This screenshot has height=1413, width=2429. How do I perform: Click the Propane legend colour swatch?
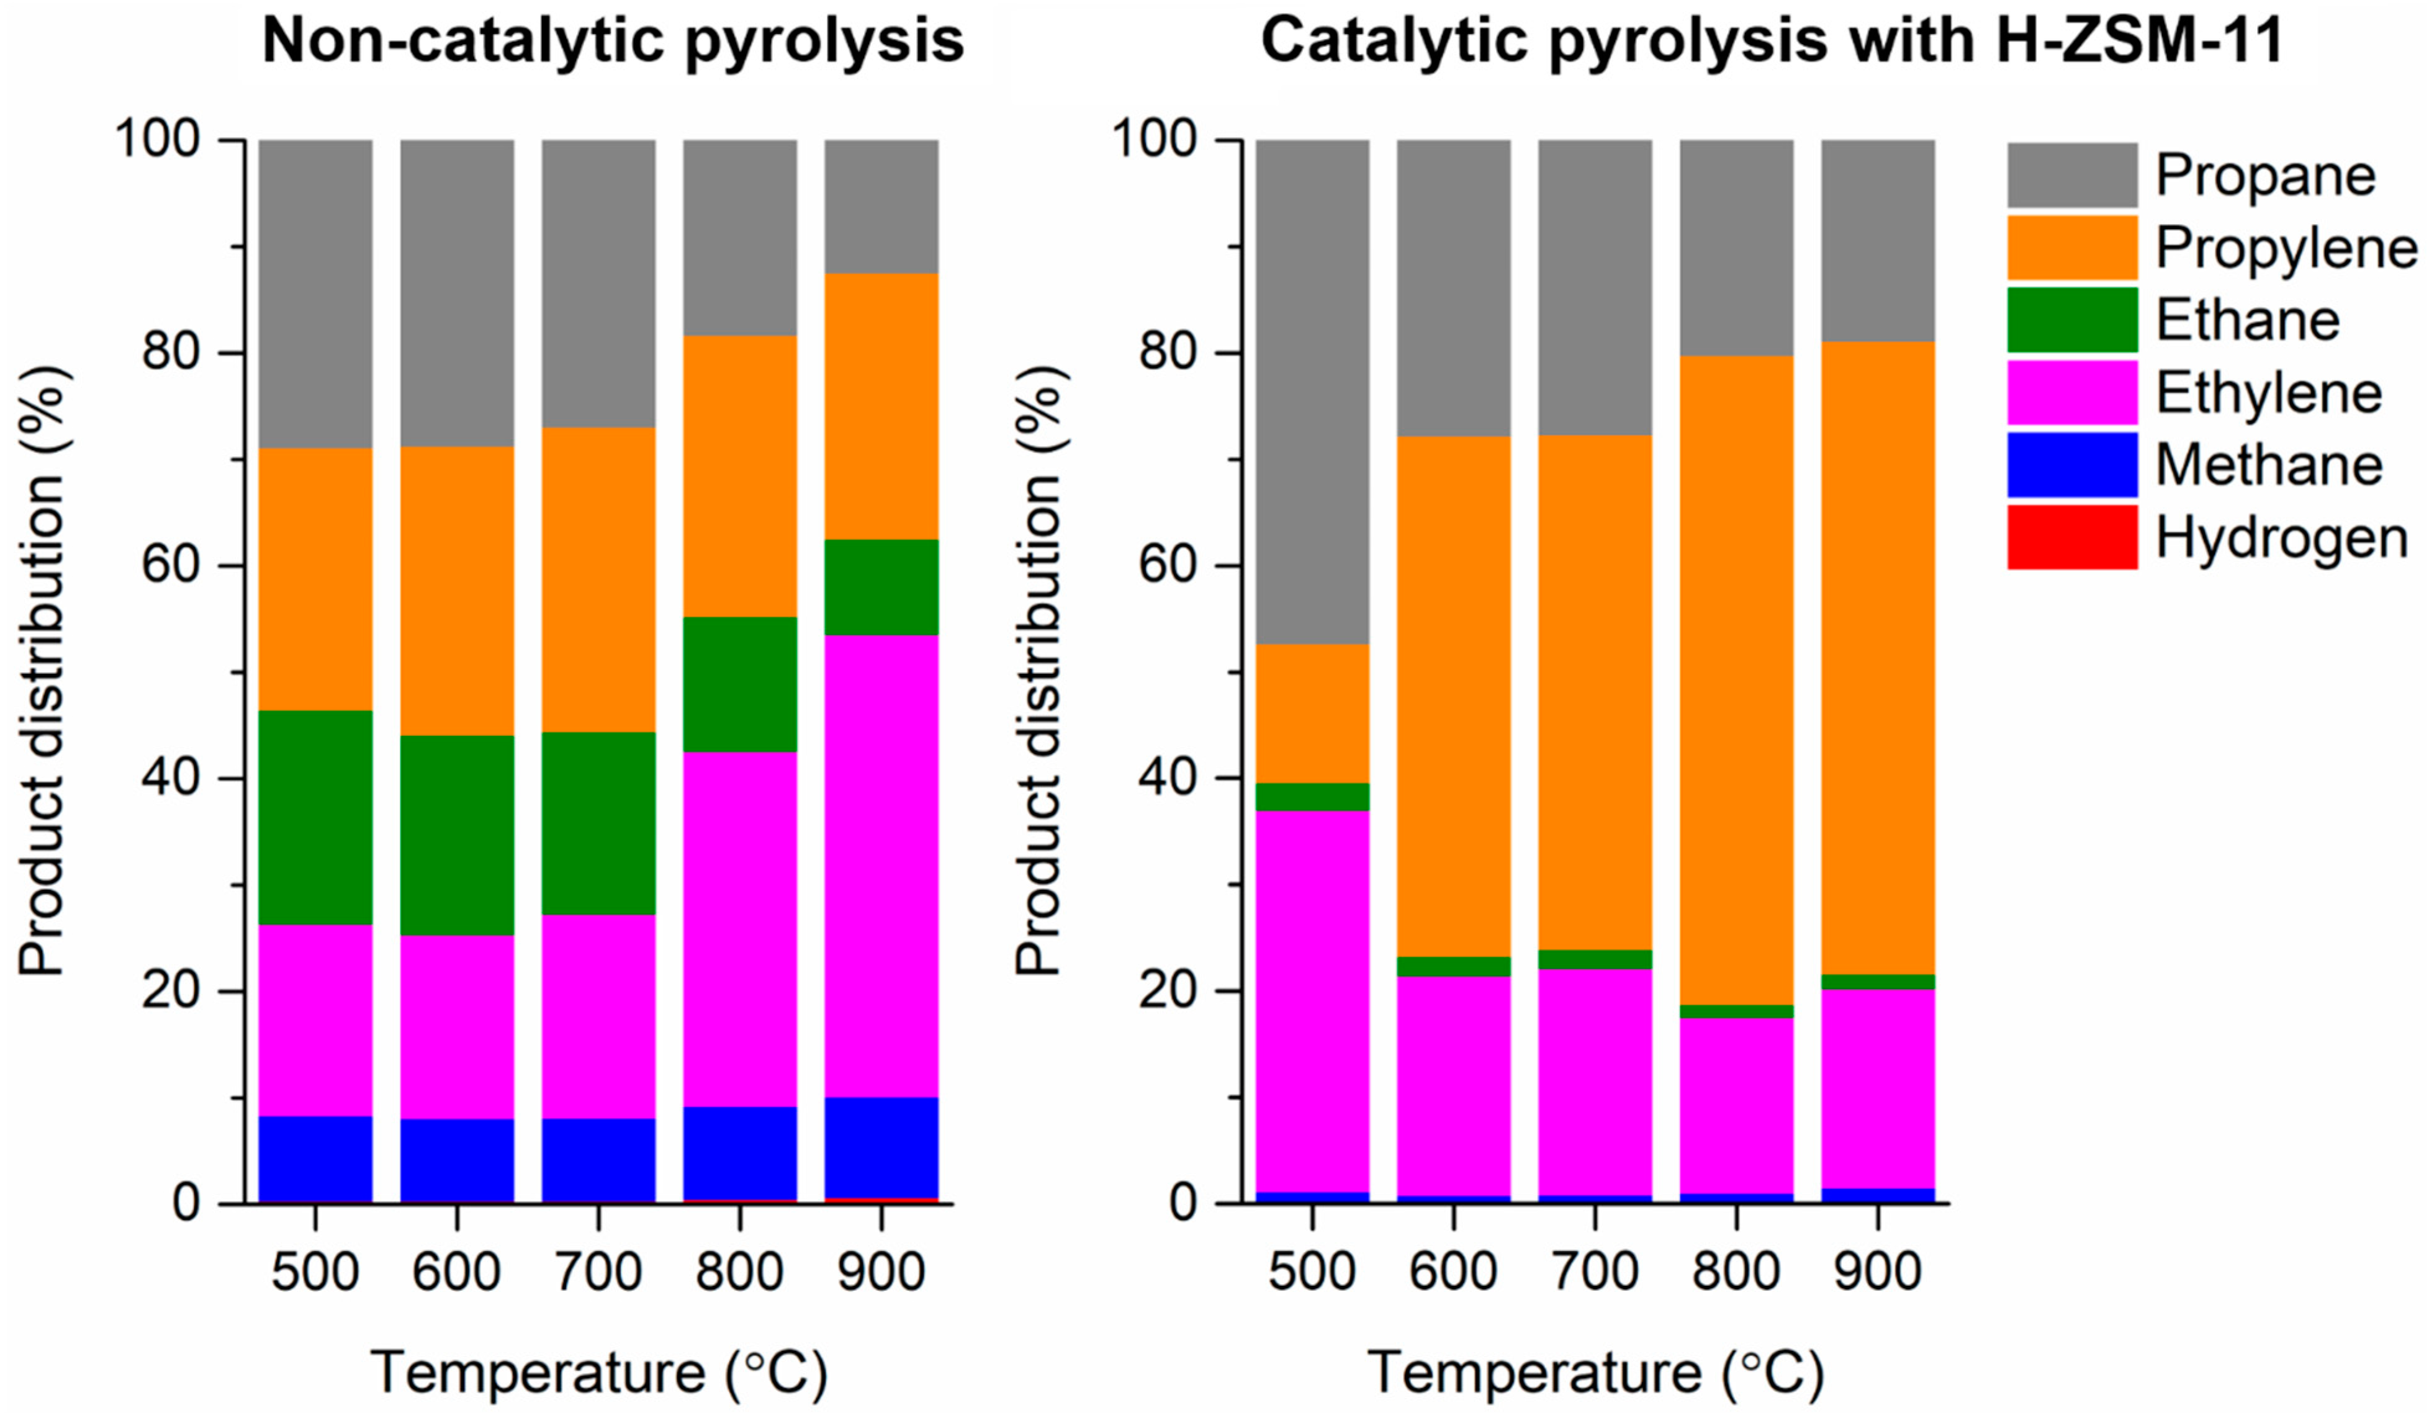[2071, 176]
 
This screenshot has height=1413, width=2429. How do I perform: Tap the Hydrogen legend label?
[2281, 538]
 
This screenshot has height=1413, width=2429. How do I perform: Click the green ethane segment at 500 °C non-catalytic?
[315, 817]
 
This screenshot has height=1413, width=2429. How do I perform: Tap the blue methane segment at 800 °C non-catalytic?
[739, 1153]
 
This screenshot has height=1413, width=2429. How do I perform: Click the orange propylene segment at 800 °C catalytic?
[1736, 680]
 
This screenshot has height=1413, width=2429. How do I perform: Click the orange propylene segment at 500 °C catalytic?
[1312, 713]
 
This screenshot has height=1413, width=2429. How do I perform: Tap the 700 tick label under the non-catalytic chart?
[598, 1272]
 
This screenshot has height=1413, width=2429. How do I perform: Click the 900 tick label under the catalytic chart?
[1877, 1272]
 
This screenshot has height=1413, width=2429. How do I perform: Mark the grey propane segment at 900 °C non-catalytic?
[881, 206]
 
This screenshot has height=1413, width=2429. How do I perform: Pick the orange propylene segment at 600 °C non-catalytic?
[457, 591]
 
